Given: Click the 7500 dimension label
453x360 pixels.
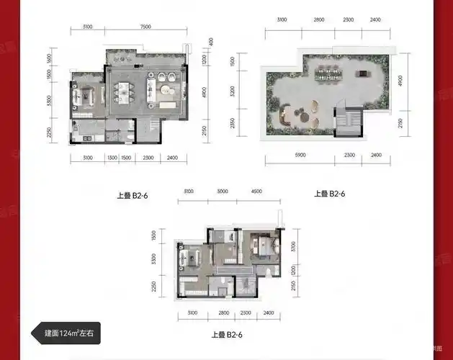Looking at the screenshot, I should click(145, 27).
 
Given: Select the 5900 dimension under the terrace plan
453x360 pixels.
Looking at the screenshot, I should click(297, 155).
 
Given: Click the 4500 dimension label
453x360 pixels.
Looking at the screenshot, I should click(256, 192).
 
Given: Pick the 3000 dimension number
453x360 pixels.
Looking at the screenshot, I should click(222, 192).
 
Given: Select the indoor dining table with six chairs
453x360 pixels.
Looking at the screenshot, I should click(124, 91).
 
